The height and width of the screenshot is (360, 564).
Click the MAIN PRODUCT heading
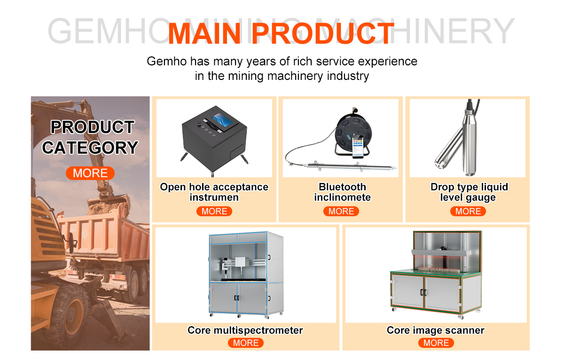[281, 34]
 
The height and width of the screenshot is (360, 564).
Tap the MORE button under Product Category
[90, 173]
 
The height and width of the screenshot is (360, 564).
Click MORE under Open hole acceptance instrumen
[214, 211]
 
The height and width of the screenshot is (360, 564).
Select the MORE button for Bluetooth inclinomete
[341, 211]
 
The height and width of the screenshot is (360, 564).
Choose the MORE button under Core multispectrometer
[246, 343]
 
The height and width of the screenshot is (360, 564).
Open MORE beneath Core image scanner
[436, 343]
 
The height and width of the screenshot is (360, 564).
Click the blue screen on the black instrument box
[222, 119]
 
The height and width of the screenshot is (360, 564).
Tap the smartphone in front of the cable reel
[358, 147]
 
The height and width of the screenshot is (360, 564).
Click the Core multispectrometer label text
[245, 330]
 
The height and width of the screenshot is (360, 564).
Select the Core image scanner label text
[436, 330]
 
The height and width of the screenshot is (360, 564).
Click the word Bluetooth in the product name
[343, 187]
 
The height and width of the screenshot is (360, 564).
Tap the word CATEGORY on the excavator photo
[90, 148]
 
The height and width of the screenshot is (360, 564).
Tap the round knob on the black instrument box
[200, 124]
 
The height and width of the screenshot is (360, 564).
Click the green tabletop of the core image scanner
[436, 273]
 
